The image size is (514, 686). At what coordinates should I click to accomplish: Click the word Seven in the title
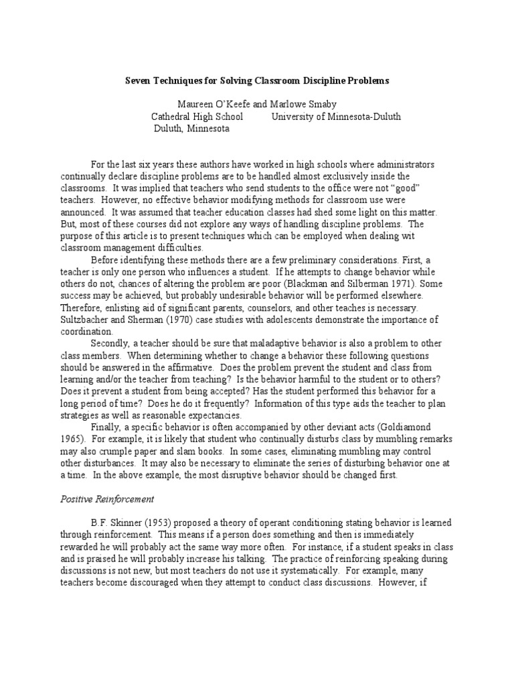tap(139, 80)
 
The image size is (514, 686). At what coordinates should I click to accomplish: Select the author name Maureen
tap(195, 105)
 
